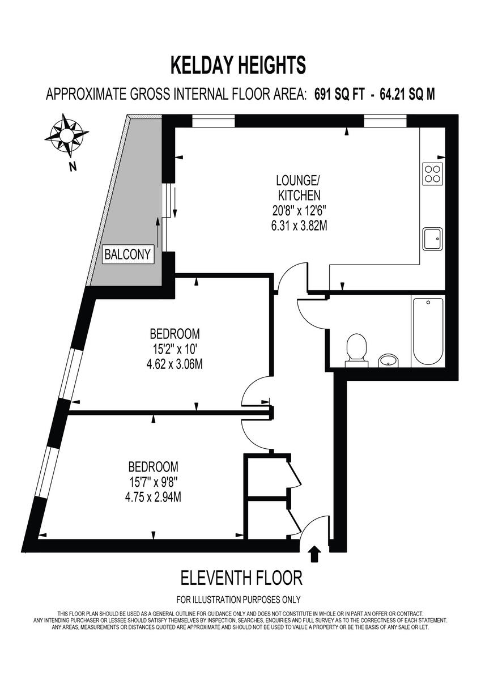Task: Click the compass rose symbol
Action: [66, 135]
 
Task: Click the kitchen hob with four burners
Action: [432, 173]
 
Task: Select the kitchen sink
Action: [432, 239]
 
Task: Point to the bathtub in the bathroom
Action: [428, 331]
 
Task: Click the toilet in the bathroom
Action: [356, 347]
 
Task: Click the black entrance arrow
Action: [315, 554]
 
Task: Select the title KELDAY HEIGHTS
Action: [238, 65]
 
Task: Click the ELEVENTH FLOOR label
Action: [241, 578]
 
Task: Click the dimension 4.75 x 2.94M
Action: [154, 498]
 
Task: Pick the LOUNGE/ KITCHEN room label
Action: [298, 188]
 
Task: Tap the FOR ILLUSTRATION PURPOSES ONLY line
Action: [239, 600]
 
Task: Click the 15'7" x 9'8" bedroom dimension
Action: [154, 483]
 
